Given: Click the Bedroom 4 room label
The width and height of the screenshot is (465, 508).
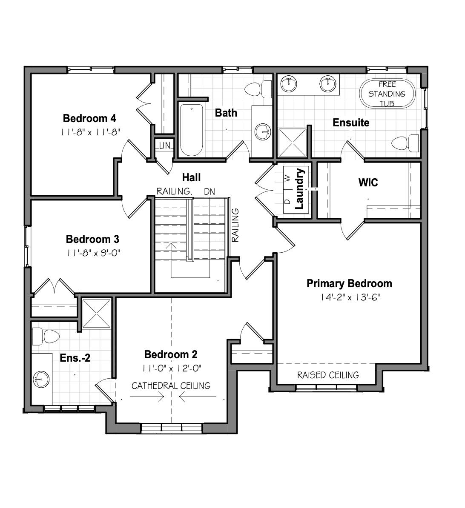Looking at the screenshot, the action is point(89,119).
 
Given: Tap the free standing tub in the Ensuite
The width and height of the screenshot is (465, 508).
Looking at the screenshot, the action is point(387,93).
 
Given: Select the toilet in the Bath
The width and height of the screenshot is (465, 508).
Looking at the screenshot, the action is point(258,89).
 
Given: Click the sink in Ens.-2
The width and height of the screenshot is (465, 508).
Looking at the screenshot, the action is point(41,379).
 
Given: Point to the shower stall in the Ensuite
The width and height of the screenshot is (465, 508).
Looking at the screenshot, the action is point(293,143).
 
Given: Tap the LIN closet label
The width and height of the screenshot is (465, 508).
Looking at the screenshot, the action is point(164,146).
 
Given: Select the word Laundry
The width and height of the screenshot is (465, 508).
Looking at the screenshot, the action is point(299,188).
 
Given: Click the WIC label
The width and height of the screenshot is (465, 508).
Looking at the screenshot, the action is point(368,183).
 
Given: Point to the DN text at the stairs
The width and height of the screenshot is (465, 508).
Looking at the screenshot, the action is point(210,192).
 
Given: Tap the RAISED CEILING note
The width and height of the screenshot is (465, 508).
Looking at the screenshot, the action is point(328,375).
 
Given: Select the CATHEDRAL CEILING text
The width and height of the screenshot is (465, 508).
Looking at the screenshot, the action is point(171,385).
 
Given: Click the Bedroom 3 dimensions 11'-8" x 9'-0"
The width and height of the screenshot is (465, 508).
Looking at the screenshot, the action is point(93,253).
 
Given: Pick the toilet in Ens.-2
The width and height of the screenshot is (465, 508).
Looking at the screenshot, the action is point(46,336).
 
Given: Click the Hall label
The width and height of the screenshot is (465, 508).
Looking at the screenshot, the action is point(191,177).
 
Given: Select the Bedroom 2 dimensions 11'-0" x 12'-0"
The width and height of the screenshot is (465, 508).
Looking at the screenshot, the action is point(172,368).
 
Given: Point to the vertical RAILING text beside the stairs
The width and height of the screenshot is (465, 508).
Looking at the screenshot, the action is point(235,225).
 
